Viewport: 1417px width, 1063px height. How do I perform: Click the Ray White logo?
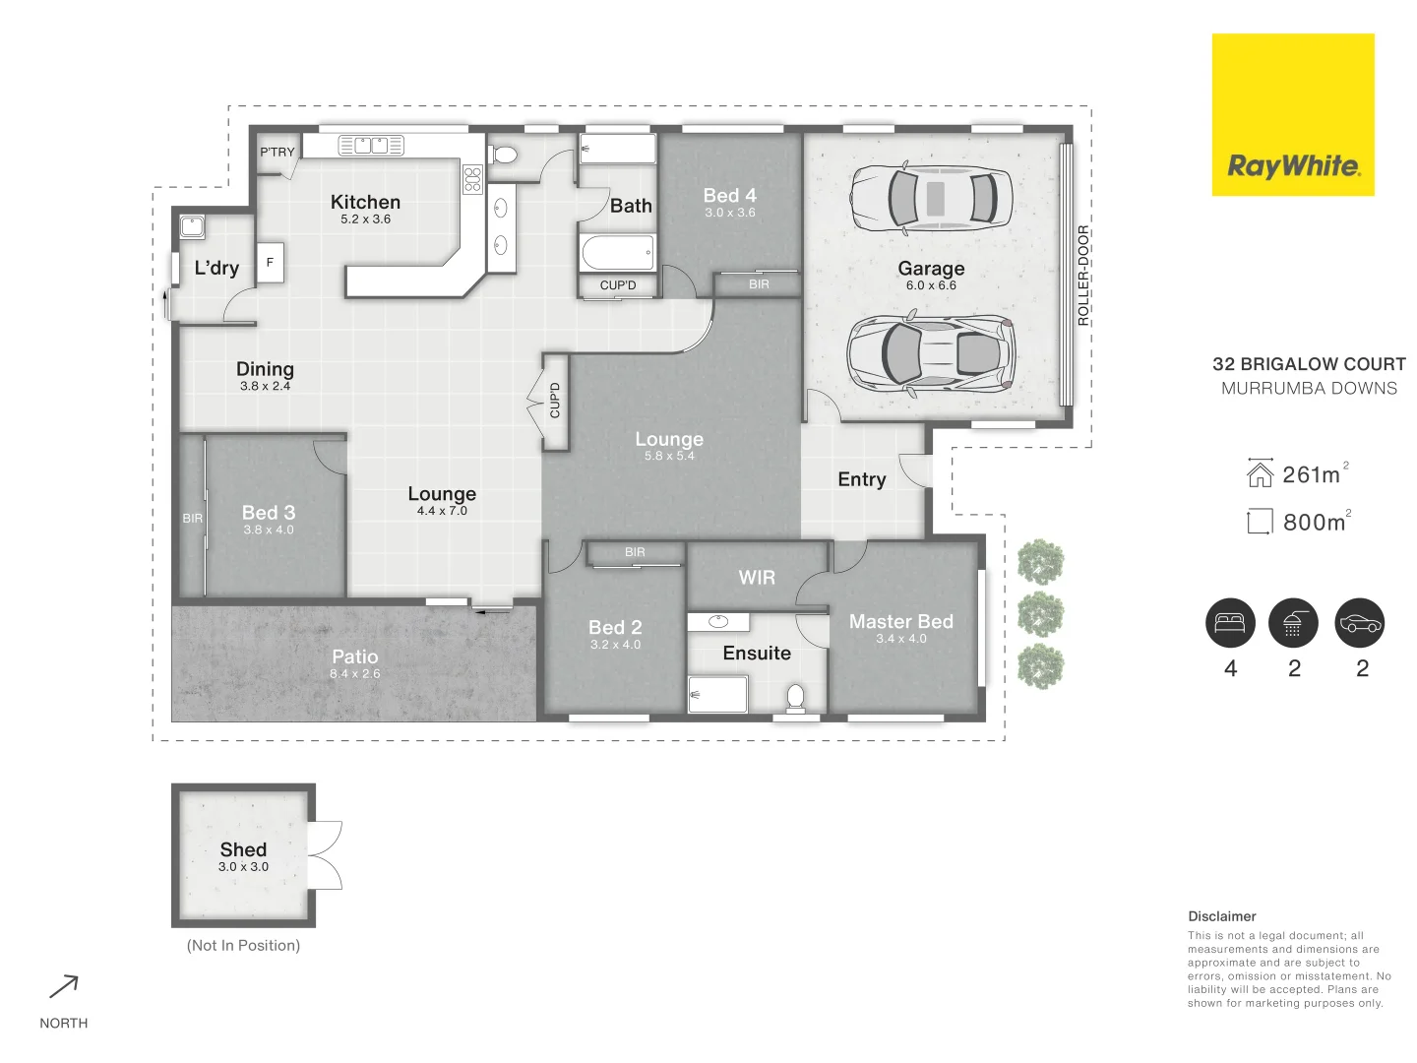click(1292, 115)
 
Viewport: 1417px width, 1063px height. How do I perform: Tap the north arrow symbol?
click(64, 986)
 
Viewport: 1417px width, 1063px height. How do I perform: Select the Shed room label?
click(243, 849)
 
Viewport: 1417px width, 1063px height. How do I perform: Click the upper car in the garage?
click(931, 197)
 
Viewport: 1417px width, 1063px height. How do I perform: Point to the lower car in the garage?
click(931, 353)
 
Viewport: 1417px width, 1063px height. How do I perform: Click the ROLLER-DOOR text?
click(1083, 276)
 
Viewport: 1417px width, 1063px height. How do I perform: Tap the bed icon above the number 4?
click(1230, 623)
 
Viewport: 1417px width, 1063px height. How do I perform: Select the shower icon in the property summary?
click(1293, 623)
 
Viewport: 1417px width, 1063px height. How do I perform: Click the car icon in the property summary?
click(1360, 623)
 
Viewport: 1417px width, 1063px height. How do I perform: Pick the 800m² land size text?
click(1316, 522)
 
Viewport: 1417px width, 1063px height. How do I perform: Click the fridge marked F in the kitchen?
click(270, 263)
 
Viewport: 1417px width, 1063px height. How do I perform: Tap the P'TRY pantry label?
click(277, 152)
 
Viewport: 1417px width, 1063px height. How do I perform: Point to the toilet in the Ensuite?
click(796, 697)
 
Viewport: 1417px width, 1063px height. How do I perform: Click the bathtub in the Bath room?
click(617, 253)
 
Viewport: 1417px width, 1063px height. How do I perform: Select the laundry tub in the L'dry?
click(192, 227)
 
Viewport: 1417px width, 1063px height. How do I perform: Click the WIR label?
click(757, 578)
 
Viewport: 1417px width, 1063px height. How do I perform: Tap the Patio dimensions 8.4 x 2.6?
click(354, 674)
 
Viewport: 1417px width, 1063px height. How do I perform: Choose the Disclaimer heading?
click(1221, 916)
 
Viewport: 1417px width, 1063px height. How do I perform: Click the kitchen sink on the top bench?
click(371, 146)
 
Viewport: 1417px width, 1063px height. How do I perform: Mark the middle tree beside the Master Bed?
click(1040, 615)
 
